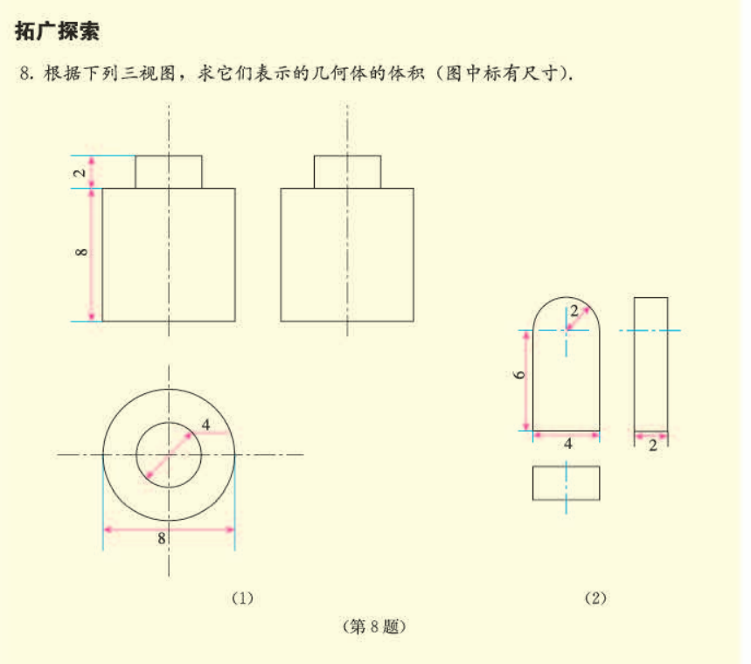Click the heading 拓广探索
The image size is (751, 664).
pos(57,31)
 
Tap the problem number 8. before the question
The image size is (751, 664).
pos(26,73)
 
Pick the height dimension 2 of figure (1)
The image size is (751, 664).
pos(80,172)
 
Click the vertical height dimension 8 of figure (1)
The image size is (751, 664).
pos(81,252)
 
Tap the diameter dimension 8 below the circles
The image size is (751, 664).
pos(162,538)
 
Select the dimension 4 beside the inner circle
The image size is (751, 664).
pos(206,425)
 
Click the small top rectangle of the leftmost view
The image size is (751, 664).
pos(169,172)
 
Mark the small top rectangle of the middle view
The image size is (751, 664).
pos(348,172)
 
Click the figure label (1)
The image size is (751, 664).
pos(242,598)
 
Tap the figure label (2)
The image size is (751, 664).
pos(596,598)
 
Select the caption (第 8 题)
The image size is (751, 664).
pos(374,626)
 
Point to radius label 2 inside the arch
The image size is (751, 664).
pos(574,311)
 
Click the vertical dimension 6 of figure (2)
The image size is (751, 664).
pos(519,374)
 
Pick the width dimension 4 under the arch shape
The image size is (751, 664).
pos(568,444)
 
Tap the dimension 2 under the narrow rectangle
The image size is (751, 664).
pos(653,446)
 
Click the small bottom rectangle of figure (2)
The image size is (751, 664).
pos(567,500)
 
